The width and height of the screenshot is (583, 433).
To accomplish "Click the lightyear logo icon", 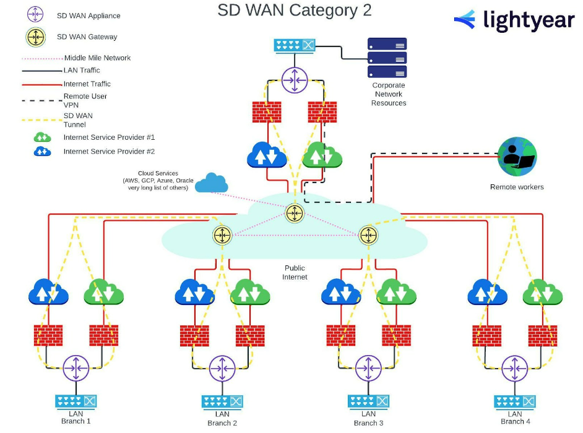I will click(465, 20).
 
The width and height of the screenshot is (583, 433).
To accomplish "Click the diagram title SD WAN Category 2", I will click(295, 11).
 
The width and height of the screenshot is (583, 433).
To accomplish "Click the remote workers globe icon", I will click(517, 156).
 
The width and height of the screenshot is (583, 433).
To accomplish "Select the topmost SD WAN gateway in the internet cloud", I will click(295, 213).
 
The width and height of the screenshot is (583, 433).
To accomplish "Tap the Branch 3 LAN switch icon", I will click(368, 401).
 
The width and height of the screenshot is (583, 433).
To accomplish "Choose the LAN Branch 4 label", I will click(512, 418).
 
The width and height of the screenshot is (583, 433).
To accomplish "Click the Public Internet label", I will click(295, 272).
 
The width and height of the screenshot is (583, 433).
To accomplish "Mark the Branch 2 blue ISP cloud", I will click(195, 292).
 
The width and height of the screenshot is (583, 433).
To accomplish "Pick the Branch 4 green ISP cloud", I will click(542, 292).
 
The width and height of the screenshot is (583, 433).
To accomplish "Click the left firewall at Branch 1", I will click(48, 335).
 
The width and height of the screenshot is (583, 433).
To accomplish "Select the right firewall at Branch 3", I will click(396, 335).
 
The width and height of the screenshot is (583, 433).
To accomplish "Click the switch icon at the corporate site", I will click(295, 45).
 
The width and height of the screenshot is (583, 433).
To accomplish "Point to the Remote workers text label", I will click(517, 187).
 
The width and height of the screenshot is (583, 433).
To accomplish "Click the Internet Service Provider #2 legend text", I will click(109, 152).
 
